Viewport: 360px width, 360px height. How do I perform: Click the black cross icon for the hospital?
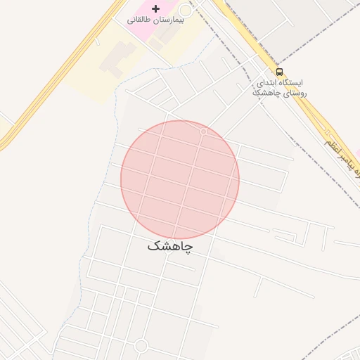click(x=155, y=8)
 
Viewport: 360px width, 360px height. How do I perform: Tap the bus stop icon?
click(x=280, y=72)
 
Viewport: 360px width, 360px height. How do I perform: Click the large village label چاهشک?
click(x=170, y=247)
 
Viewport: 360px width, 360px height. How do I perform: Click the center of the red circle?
click(x=180, y=180)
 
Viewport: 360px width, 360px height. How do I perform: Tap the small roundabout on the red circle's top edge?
click(x=204, y=131)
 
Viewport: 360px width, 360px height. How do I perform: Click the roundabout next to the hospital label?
click(x=186, y=11)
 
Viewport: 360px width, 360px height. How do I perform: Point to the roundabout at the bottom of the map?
click(x=141, y=346)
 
